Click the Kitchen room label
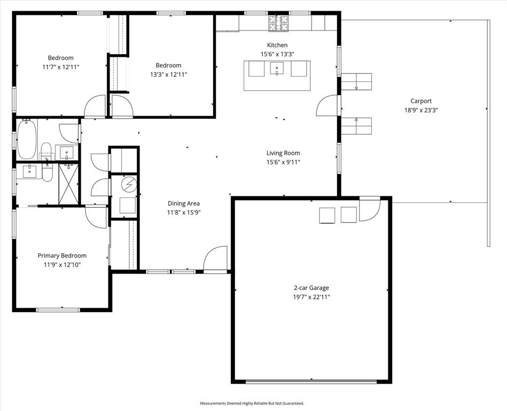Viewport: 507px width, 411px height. [x=277, y=45]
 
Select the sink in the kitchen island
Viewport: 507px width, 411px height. [x=277, y=68]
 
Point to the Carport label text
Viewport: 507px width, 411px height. [x=420, y=101]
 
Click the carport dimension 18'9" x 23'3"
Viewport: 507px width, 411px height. [x=420, y=110]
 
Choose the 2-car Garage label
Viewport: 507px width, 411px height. [x=311, y=288]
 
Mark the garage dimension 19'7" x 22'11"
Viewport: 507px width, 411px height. [x=311, y=297]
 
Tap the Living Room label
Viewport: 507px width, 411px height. [x=283, y=153]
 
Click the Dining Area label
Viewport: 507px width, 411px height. [x=184, y=203]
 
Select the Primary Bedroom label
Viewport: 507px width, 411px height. [x=62, y=256]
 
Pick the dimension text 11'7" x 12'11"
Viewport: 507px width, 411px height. [x=61, y=67]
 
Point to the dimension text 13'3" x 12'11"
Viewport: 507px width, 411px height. [x=168, y=74]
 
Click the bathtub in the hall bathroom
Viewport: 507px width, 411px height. [x=26, y=139]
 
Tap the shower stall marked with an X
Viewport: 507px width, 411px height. [x=68, y=184]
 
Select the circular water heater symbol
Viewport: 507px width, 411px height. [x=129, y=185]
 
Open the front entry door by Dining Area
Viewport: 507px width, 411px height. [x=215, y=260]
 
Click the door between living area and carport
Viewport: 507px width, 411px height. [x=327, y=106]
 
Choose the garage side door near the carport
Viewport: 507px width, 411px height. [x=369, y=209]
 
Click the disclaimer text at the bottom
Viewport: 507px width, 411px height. [x=252, y=403]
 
